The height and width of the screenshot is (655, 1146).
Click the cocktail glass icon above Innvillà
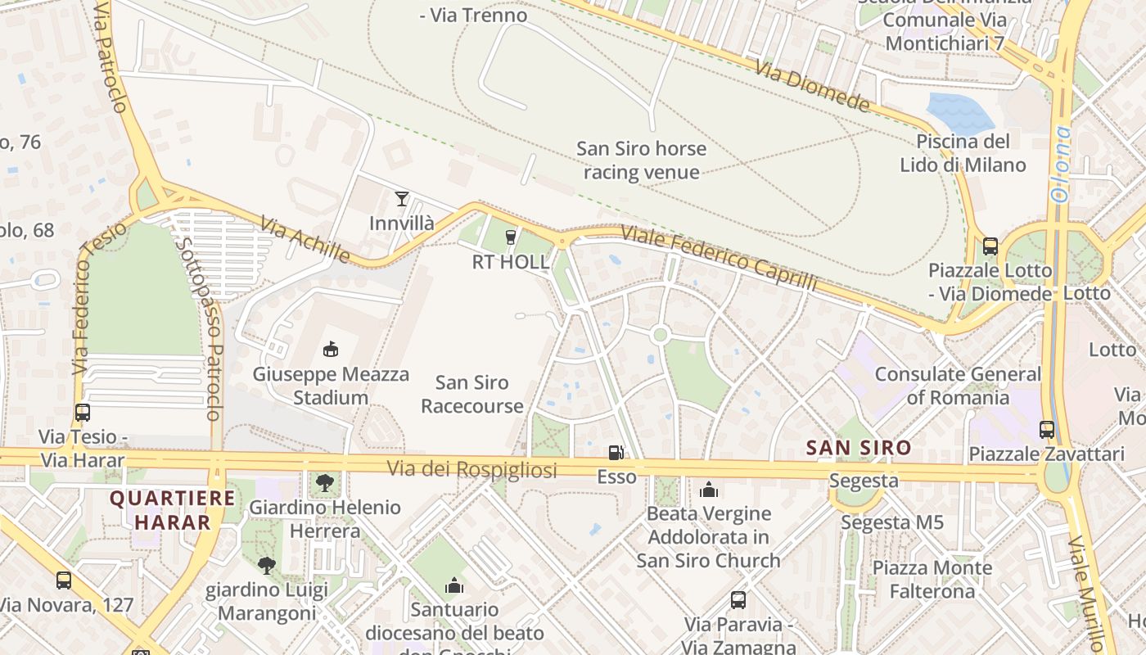401,198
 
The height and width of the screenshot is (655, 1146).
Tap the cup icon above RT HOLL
511,237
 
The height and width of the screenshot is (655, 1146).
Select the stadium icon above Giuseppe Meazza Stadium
330,350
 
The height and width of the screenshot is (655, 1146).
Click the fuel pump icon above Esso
616,452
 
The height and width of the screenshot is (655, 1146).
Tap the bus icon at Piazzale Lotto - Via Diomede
990,246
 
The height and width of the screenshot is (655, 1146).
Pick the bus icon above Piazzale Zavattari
1046,429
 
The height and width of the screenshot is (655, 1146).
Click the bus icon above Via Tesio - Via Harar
83,413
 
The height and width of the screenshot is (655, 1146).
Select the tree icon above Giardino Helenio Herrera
325,482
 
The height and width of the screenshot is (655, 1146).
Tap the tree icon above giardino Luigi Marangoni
266,564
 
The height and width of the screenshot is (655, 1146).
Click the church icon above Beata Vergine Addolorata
709,490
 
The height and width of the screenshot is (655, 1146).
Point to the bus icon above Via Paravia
738,600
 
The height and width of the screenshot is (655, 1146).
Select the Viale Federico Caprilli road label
719,256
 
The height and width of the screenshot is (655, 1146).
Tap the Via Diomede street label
812,86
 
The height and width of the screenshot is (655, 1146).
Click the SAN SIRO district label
858,448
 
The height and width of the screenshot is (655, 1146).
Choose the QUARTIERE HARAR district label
172,509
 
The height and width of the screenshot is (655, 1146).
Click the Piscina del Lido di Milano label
963,153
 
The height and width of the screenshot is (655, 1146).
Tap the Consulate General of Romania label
958,386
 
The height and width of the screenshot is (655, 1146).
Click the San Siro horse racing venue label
641,160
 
